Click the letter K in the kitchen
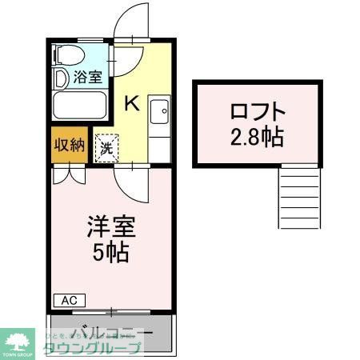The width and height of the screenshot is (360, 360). pos(133,103)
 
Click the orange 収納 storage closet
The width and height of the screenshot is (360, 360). pos(69,145)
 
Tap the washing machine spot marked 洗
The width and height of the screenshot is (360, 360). pos(106,146)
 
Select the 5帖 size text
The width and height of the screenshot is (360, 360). pos(109,254)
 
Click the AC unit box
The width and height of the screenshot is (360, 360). pos(69,300)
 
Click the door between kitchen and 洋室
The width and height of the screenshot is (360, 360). pos(129,182)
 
